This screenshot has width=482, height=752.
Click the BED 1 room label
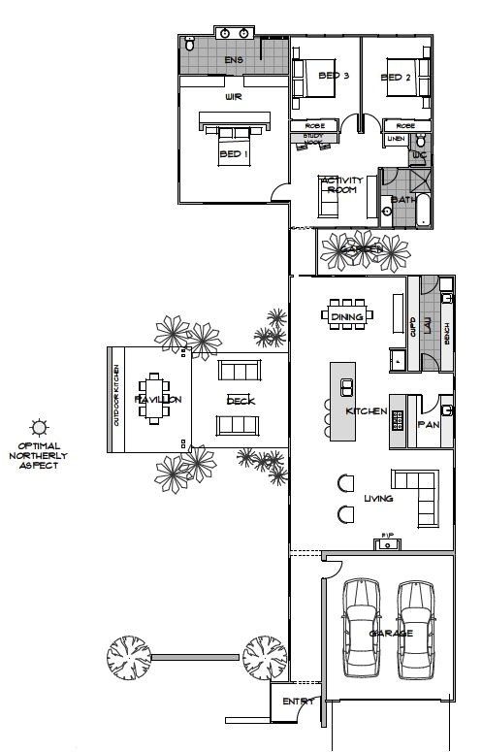tap(233, 154)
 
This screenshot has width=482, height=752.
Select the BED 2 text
tap(396, 77)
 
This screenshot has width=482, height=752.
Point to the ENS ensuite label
tap(233, 60)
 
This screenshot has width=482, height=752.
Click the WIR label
tap(233, 97)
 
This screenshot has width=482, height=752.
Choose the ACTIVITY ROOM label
tap(341, 185)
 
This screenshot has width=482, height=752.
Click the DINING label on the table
tap(346, 317)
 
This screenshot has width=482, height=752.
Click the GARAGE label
tap(391, 633)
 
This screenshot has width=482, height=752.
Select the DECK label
tap(240, 400)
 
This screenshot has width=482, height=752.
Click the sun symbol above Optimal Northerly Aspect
tap(39, 426)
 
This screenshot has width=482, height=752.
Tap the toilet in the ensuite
tap(190, 45)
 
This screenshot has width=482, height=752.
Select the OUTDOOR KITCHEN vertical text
tap(115, 397)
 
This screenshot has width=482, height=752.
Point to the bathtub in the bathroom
tap(424, 210)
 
